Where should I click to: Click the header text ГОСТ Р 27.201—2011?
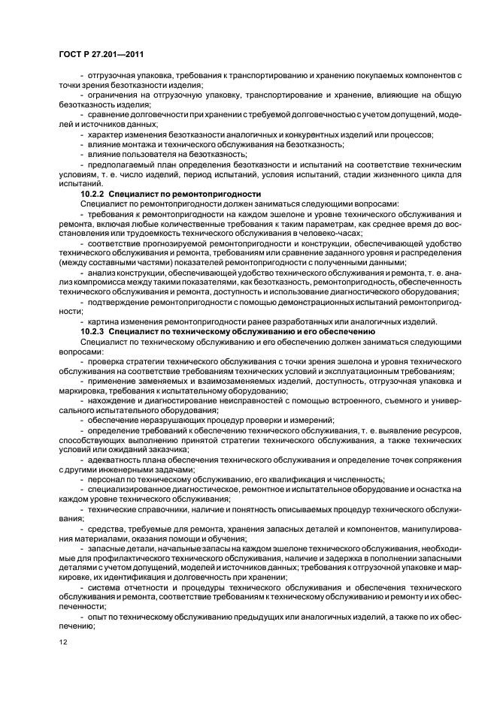point(101,55)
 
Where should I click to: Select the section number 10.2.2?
point(95,193)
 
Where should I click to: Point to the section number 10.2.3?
point(95,331)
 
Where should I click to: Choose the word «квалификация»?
point(291,478)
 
